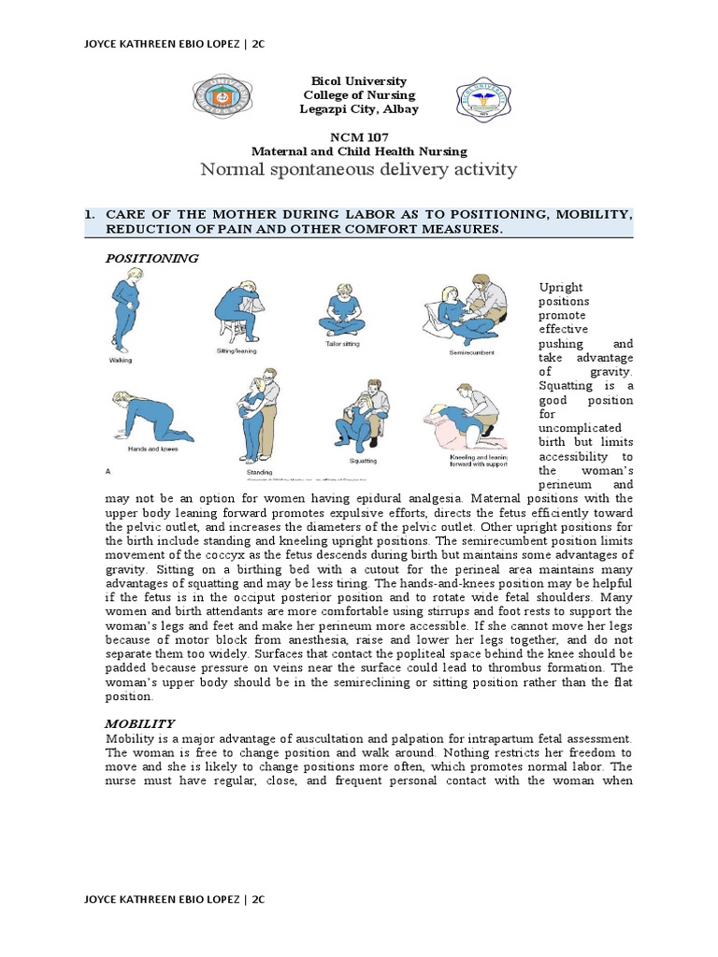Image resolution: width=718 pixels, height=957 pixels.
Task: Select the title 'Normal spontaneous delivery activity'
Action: [x=359, y=169]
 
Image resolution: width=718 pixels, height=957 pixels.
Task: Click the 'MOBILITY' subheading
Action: [x=139, y=723]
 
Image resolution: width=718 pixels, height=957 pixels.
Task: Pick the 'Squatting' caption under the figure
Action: [x=363, y=460]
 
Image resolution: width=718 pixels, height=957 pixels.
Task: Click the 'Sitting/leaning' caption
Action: [x=237, y=350]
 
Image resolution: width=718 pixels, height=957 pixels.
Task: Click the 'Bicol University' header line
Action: [x=359, y=82]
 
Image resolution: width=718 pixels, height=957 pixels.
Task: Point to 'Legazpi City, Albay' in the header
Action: [x=359, y=109]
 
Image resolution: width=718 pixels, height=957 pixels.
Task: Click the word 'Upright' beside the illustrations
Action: [x=560, y=287]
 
